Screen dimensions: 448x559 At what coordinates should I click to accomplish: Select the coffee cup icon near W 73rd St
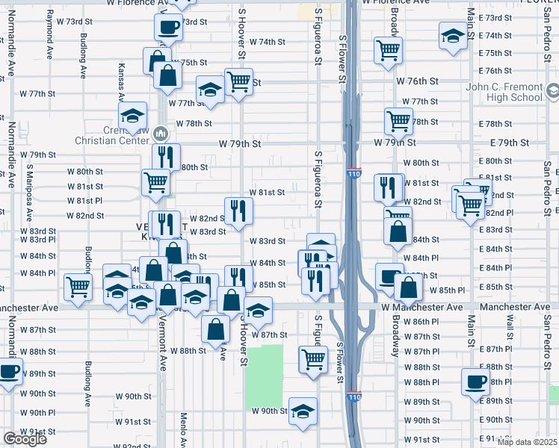click(168, 28)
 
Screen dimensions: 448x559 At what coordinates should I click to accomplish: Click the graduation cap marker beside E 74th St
click(452, 36)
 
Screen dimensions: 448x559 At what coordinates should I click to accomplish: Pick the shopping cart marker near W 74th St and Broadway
click(388, 51)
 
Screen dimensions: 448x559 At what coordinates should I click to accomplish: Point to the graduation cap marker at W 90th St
click(303, 411)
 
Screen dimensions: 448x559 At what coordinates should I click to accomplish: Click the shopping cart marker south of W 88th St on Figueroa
click(314, 359)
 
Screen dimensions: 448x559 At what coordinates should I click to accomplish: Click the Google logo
click(25, 439)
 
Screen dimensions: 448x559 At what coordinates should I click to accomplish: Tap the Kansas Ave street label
click(121, 81)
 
